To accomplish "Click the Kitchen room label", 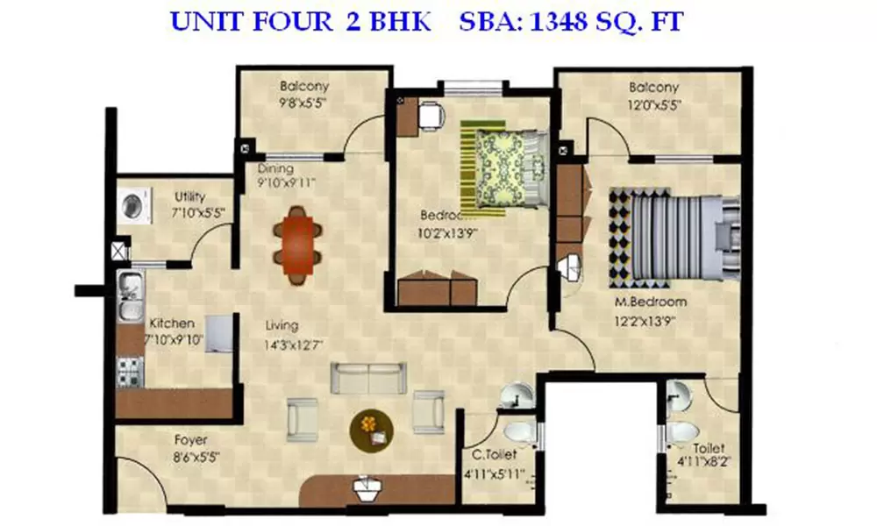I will click(x=172, y=323).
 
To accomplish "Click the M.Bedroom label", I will click(x=650, y=302).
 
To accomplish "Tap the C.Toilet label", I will click(x=494, y=456).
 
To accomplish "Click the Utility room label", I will click(x=189, y=195).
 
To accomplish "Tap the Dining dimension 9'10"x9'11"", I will click(x=285, y=182).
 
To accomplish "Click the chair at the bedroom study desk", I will click(x=430, y=116).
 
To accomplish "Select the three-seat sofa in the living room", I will click(x=369, y=378).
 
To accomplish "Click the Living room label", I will click(x=282, y=326).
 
